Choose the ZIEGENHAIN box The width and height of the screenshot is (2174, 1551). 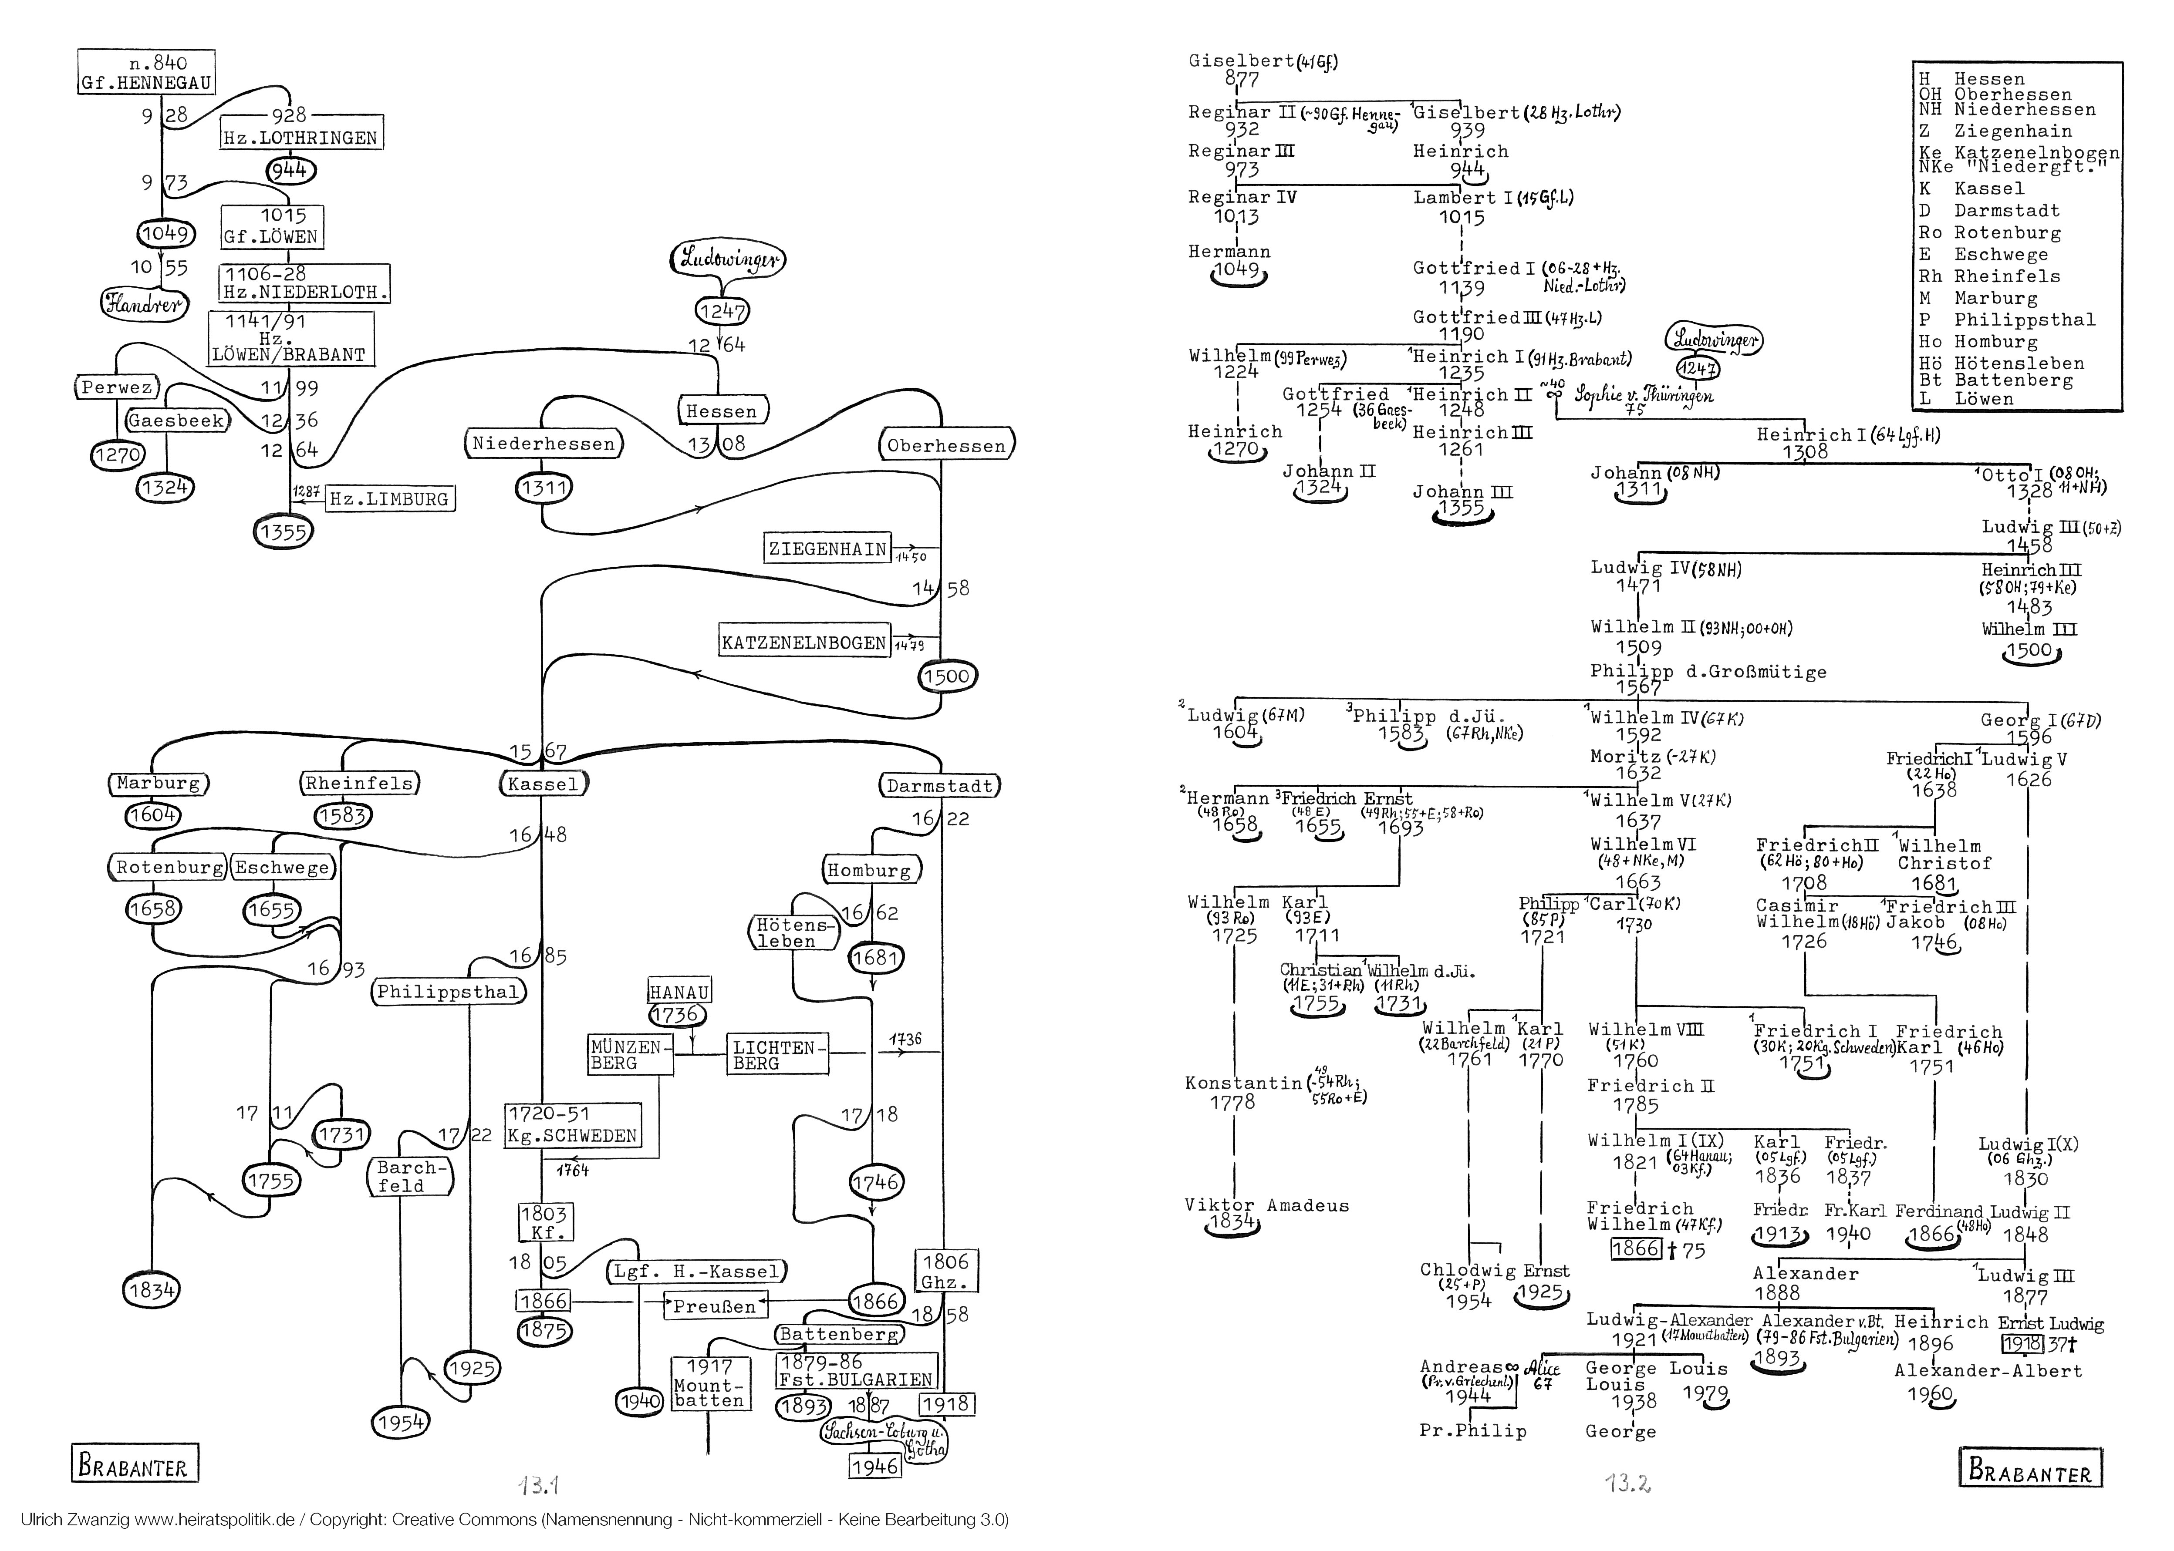[827, 548]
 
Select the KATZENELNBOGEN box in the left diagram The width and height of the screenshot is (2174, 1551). [803, 642]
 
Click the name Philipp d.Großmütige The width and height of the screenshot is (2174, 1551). [1707, 671]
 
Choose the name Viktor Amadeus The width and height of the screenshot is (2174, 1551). [1266, 1205]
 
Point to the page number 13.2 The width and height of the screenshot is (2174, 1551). [1627, 1483]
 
